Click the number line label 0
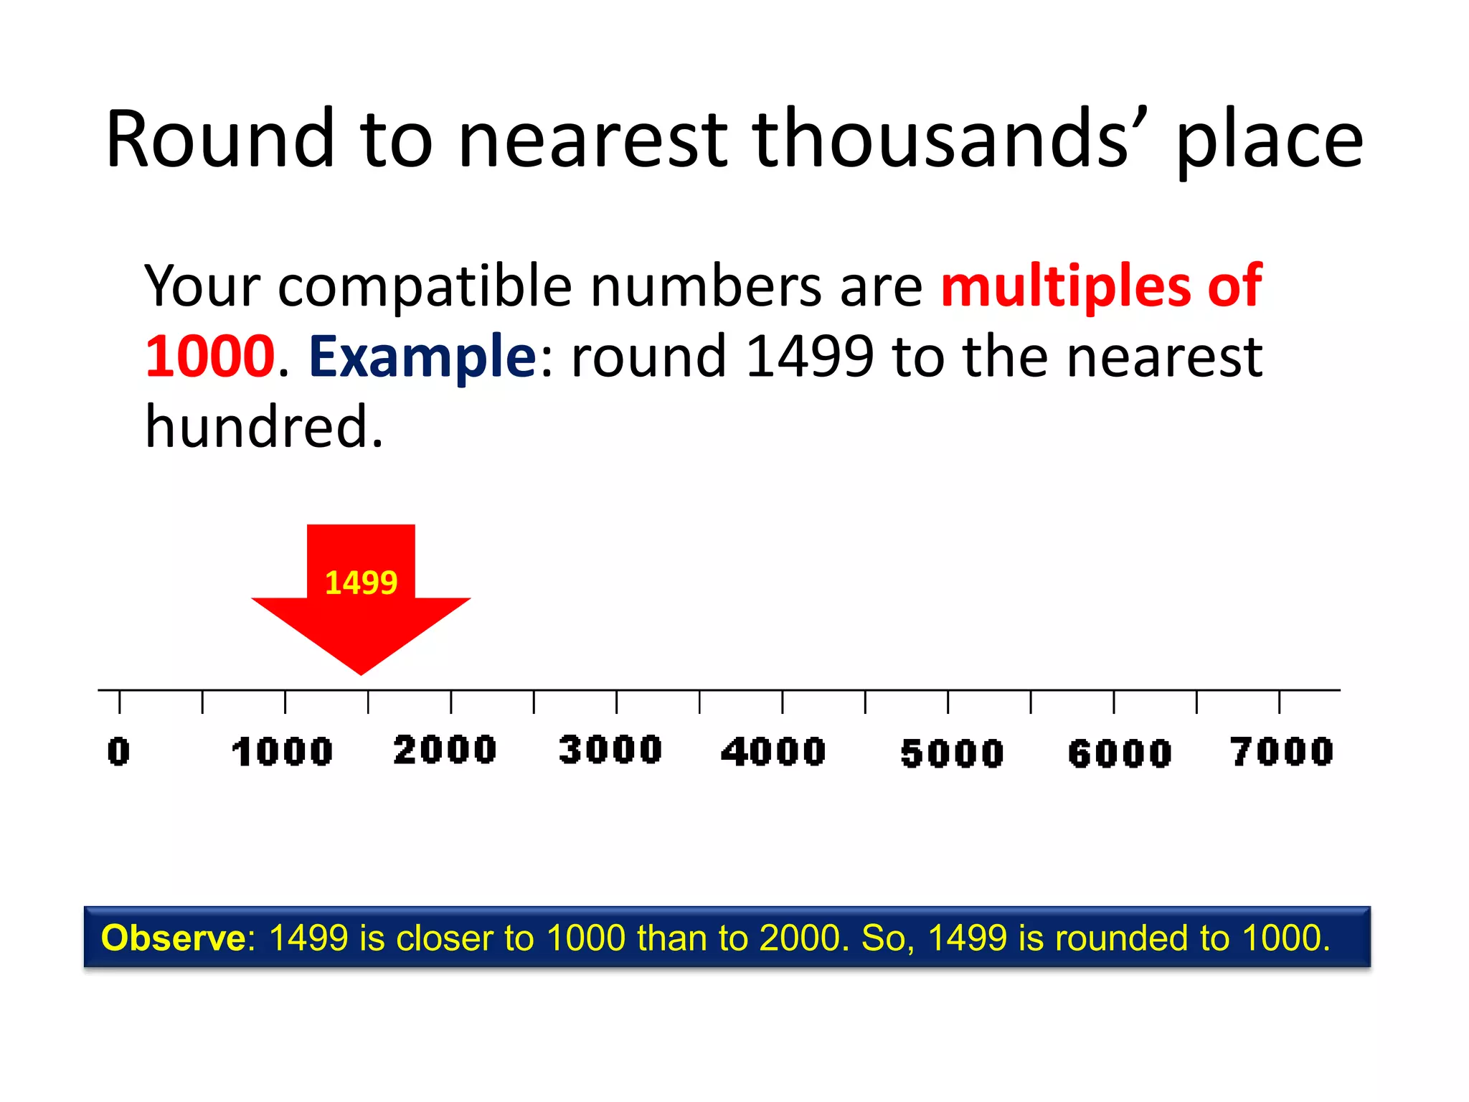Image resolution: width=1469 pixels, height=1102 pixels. (119, 752)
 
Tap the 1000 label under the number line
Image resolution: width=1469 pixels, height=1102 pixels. (283, 752)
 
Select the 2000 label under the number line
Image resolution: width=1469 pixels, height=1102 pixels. (445, 750)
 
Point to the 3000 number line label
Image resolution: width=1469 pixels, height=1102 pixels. (610, 750)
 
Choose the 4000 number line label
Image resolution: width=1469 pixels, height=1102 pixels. (773, 752)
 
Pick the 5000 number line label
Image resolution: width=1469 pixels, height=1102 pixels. (952, 754)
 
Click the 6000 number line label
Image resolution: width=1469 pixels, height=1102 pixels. (1120, 754)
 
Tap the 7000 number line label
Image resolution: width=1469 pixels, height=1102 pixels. (1282, 752)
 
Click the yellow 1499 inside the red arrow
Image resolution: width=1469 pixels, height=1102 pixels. (361, 583)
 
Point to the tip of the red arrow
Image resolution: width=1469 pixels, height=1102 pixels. (361, 673)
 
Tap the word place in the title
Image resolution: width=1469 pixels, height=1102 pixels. (1270, 143)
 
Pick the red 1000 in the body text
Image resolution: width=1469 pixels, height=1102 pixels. (210, 357)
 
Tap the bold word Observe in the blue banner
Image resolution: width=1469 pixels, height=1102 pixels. (174, 938)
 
